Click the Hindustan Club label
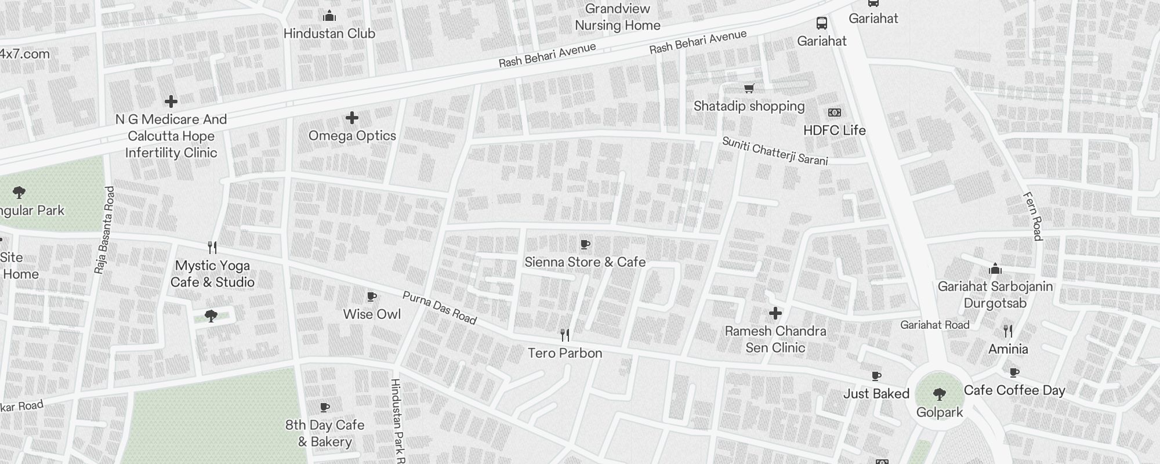point(329,34)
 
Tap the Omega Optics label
point(352,136)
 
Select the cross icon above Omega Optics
point(351,118)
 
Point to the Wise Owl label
point(372,314)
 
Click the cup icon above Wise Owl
point(372,297)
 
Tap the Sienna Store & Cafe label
point(585,262)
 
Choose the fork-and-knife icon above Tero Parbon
point(565,335)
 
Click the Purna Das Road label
point(439,307)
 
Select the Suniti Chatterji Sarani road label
point(774,151)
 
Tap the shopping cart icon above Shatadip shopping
point(749,88)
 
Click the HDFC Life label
point(834,130)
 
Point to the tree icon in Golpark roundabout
point(940,395)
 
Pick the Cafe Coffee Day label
point(1014,390)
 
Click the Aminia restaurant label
point(1008,349)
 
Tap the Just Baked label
point(876,394)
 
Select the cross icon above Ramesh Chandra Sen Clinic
point(775,314)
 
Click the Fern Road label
point(1034,216)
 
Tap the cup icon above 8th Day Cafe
point(325,407)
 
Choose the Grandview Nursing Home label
point(617,17)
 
